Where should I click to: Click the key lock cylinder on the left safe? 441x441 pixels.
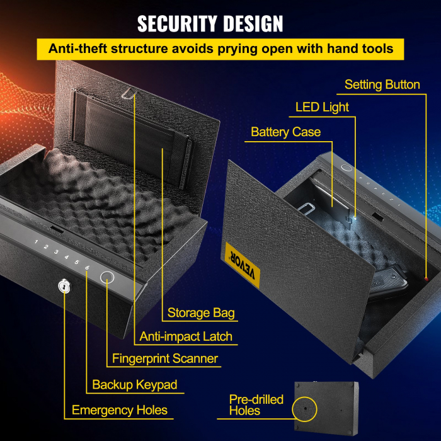pyautogui.click(x=64, y=287)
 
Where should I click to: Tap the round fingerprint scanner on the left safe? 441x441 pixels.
pyautogui.click(x=107, y=278)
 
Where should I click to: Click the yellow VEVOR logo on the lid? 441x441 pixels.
pyautogui.click(x=241, y=263)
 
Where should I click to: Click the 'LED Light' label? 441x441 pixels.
pyautogui.click(x=322, y=107)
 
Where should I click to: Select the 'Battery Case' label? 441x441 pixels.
pyautogui.click(x=285, y=132)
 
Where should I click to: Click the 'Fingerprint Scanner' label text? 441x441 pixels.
pyautogui.click(x=164, y=358)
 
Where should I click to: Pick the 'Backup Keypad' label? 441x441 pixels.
pyautogui.click(x=135, y=384)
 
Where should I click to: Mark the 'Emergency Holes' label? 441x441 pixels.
pyautogui.click(x=120, y=410)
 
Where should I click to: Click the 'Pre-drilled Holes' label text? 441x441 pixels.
pyautogui.click(x=256, y=405)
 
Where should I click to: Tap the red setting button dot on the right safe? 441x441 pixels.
pyautogui.click(x=427, y=278)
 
